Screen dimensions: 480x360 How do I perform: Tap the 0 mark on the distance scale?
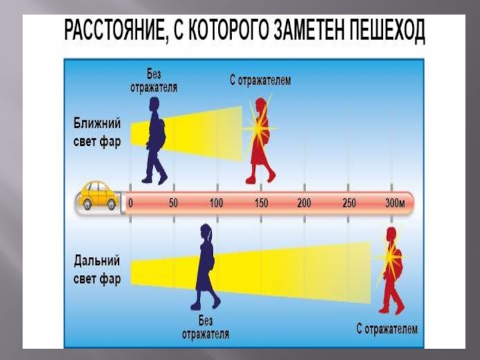(x=131, y=203)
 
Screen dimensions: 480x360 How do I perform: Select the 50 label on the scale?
(x=173, y=203)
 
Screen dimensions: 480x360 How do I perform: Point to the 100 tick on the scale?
(x=216, y=203)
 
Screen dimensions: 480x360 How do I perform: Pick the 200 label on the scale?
(x=304, y=203)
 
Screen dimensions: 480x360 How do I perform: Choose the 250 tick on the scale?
(x=349, y=203)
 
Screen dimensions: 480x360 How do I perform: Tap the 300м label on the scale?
(x=395, y=203)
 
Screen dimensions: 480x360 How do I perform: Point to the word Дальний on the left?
(x=97, y=261)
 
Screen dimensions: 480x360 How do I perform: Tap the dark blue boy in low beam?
(x=155, y=139)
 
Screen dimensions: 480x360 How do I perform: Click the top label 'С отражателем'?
(x=260, y=80)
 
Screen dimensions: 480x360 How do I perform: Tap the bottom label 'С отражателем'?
(x=387, y=329)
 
